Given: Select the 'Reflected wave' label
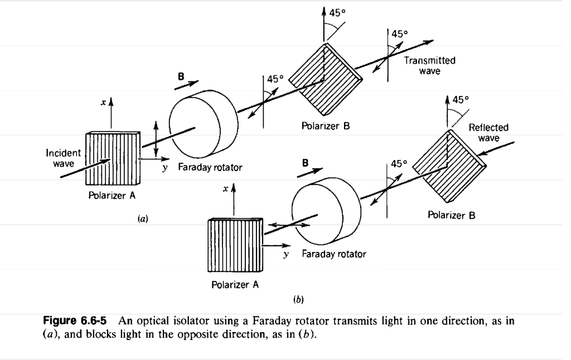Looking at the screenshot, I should pos(488,133).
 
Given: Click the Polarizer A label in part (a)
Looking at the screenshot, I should pos(112,196).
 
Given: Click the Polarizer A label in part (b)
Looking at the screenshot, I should pos(235,285).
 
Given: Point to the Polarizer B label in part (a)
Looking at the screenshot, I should pos(326,126).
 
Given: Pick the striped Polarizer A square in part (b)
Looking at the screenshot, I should pos(235,246).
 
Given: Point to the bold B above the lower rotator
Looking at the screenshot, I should pos(305,164).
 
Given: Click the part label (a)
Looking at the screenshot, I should pos(143,220).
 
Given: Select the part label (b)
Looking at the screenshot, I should pos(298,300).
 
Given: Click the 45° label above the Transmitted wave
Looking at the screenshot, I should pos(398,34).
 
